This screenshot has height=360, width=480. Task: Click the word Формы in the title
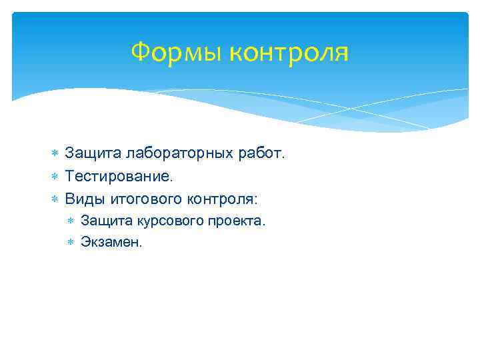tap(177, 52)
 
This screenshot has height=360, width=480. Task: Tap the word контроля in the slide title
tap(289, 52)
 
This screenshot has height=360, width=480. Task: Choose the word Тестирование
tap(119, 177)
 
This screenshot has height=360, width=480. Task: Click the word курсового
tap(163, 221)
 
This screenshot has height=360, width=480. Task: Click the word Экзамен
tap(111, 242)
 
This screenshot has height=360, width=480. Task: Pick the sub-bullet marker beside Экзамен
tap(71, 243)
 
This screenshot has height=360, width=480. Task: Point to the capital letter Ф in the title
tap(139, 51)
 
